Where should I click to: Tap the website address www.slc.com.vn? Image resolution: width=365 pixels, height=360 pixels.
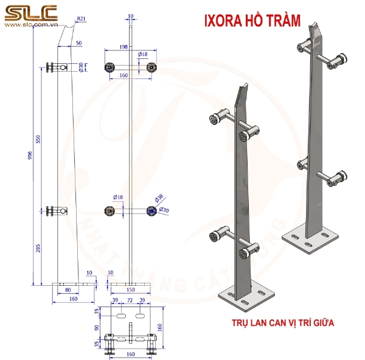click(x=30, y=26)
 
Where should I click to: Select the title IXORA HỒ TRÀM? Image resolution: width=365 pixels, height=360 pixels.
click(x=254, y=21)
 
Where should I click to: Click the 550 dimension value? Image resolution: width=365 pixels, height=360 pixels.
click(x=38, y=139)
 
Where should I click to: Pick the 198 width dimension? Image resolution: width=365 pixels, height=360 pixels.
click(x=124, y=46)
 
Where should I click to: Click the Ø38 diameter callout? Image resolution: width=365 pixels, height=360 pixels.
click(x=159, y=198)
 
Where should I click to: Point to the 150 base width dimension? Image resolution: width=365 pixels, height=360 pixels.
click(x=130, y=290)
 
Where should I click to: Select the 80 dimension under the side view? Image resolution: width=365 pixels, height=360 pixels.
click(x=68, y=290)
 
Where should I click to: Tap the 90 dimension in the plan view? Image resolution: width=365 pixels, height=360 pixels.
click(x=97, y=328)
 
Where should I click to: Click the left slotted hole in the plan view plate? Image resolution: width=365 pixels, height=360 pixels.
click(x=121, y=317)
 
